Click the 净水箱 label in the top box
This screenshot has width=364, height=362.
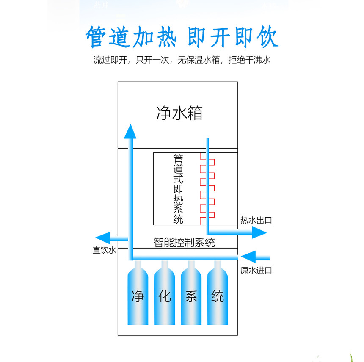point(179,113)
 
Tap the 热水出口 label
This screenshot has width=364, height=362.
point(256,220)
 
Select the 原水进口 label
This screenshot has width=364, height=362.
point(256,271)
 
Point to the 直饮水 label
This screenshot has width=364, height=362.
point(104,250)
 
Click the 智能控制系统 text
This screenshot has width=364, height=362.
point(184,243)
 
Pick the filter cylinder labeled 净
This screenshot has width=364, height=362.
point(138,293)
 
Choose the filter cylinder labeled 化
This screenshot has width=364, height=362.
point(165,293)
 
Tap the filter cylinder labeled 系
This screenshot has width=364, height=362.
point(191,293)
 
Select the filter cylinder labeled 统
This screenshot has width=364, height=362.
point(218,293)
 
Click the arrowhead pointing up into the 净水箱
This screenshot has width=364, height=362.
point(130,131)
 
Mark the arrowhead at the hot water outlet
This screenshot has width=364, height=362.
point(259,232)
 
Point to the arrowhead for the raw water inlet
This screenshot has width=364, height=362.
point(248,257)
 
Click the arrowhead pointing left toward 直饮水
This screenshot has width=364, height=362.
point(102,238)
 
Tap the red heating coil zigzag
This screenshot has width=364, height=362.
point(207,188)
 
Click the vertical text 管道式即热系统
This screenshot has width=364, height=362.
point(178,189)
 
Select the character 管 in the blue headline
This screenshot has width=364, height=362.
point(96,37)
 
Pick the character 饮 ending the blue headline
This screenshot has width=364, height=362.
point(267,36)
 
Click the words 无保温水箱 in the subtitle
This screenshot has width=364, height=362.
point(199,60)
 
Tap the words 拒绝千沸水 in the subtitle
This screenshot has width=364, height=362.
point(249,60)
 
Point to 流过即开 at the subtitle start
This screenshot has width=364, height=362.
point(110,60)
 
